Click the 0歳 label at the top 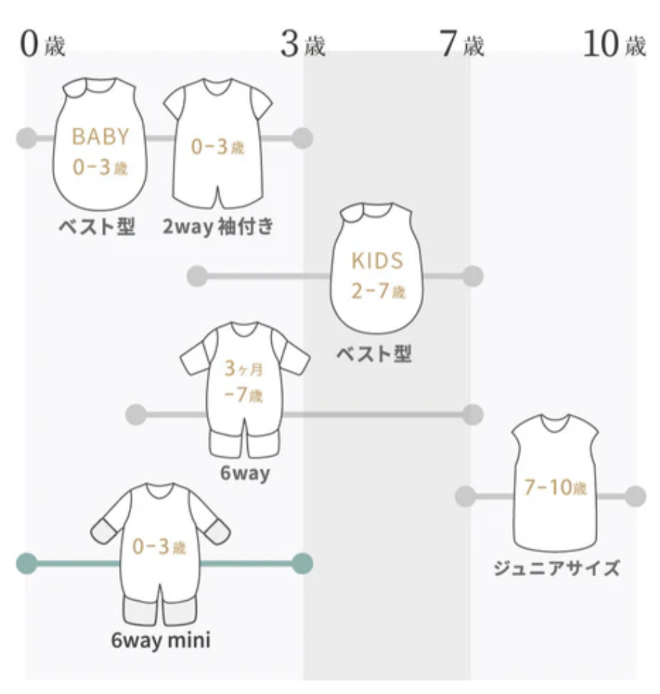point(42,45)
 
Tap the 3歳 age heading point(302,45)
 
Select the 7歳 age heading point(462,45)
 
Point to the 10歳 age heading point(614,45)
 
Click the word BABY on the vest point(101,137)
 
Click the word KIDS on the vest point(377,261)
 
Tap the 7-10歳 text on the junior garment point(555,488)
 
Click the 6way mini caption point(161,641)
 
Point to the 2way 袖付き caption point(218,227)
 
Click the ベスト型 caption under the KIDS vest point(374,354)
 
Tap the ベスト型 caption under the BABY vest point(97,227)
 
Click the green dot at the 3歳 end point(302,563)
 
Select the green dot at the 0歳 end point(26,563)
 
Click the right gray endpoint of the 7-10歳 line point(635,496)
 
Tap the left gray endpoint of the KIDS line point(197,276)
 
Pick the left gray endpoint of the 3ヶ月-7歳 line point(136,415)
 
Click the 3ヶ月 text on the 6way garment point(244,369)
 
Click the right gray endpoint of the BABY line point(302,139)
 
